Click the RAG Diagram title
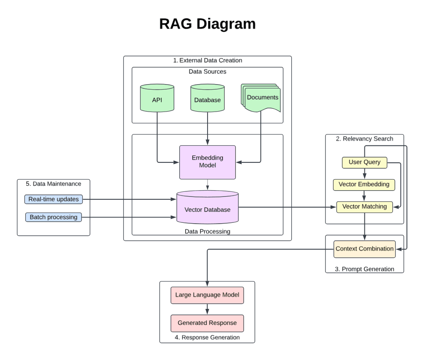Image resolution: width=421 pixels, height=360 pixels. [207, 24]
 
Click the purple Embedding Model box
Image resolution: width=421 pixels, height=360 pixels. [207, 162]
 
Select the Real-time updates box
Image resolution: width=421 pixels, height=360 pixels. [53, 199]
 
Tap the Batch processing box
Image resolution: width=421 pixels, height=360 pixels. [53, 217]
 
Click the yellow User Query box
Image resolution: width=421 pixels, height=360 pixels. [364, 162]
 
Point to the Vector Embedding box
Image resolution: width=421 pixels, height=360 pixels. [364, 184]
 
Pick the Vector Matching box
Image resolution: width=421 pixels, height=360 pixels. [364, 207]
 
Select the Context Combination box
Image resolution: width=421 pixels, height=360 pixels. [364, 249]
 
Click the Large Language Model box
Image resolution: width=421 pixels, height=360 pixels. [207, 295]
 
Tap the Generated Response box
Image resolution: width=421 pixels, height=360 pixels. [207, 323]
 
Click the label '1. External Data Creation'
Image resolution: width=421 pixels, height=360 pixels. [208, 61]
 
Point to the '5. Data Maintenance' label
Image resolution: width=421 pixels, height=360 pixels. [53, 184]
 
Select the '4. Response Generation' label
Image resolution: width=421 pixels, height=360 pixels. [207, 337]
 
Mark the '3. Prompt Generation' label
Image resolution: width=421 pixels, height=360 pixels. [364, 269]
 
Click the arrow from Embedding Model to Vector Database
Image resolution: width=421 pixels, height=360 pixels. [207, 185]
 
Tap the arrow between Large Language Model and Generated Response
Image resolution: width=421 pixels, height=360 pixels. [207, 309]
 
